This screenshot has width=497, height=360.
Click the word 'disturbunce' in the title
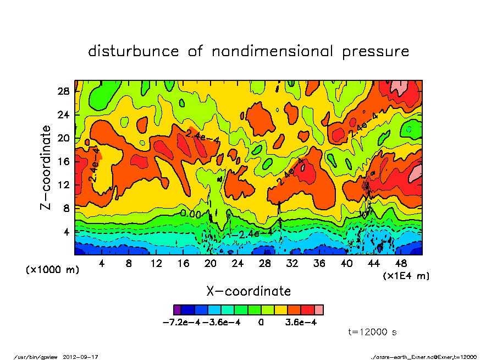coord(134,52)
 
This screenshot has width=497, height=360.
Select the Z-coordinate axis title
coord(46,167)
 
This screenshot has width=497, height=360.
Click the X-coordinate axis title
coord(248,291)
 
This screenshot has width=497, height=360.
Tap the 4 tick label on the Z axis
coord(67,232)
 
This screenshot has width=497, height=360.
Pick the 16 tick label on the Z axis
coord(64,161)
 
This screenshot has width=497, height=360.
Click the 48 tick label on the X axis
coord(401,264)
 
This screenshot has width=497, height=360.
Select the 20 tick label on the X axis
coord(210,264)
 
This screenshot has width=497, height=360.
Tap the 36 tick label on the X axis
coord(319,264)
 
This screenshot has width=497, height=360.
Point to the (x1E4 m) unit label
coord(406,275)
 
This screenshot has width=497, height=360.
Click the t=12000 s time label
coord(373,332)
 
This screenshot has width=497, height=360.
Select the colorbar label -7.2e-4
coord(181,322)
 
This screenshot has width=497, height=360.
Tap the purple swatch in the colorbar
coord(177,309)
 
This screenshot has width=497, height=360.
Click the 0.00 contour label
coord(191,213)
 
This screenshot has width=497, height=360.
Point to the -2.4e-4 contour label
coord(252,233)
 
